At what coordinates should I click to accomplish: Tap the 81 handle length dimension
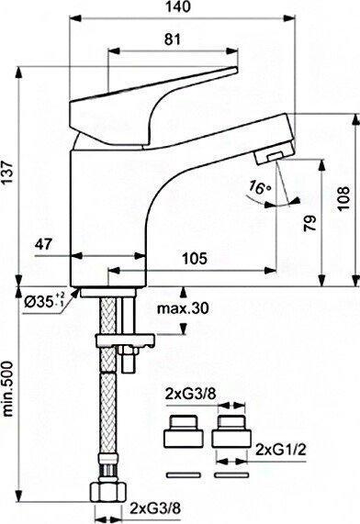pos(173,39)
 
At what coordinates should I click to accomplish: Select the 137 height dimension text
pos(7,173)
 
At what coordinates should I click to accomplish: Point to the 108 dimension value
pos(343,198)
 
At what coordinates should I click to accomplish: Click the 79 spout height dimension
pos(310,223)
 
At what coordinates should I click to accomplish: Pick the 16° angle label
pos(260,188)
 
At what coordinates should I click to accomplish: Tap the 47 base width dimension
pos(44,244)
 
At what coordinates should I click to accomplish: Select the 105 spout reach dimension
pos(195,258)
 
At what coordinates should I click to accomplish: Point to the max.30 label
pos(183,308)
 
